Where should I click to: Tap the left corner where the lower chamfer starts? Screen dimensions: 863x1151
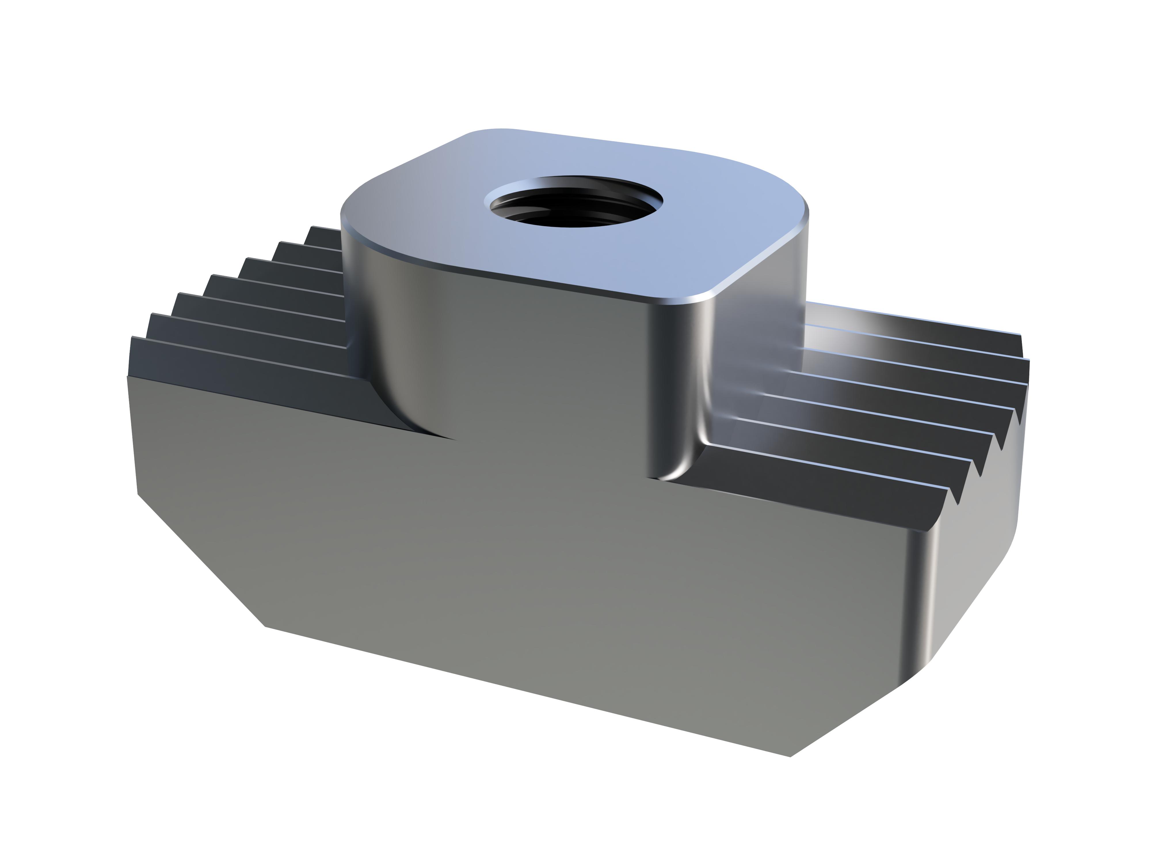[138, 493]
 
